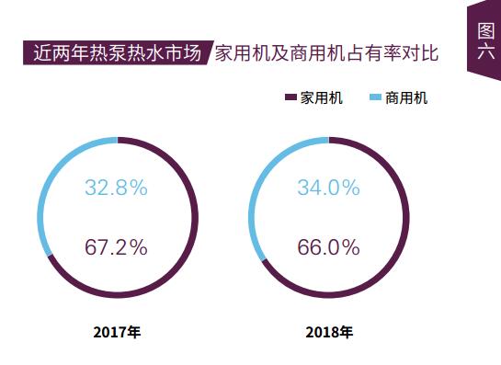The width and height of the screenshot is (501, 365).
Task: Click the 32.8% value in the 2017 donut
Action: [x=116, y=188]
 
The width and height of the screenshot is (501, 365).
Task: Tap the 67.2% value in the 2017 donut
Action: [x=116, y=247]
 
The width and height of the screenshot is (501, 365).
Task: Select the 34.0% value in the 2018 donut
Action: [x=327, y=188]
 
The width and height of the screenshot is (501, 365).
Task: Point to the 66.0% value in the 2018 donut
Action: [x=327, y=247]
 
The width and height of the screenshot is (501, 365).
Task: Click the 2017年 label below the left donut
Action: [x=117, y=331]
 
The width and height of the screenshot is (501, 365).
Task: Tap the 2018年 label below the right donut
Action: [x=328, y=331]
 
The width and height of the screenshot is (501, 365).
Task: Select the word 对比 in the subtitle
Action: [x=419, y=53]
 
